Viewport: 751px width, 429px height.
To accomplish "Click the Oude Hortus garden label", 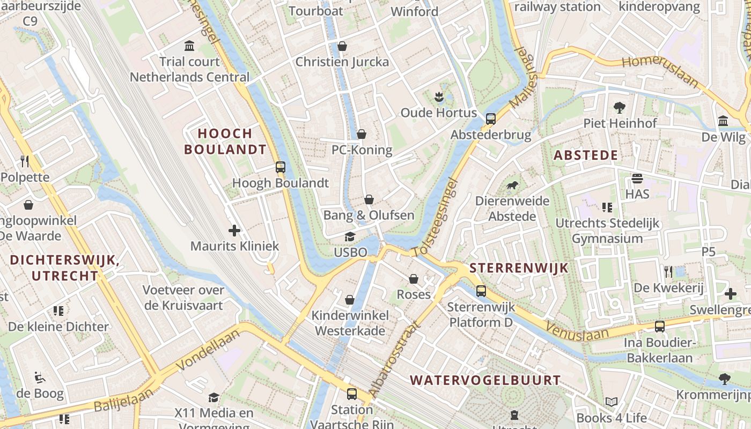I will point(438,113).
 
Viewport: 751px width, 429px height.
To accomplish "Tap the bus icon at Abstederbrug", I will point(490,119).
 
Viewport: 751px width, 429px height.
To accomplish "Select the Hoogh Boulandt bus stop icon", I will point(280,167).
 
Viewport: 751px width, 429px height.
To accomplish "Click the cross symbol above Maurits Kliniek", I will point(234,231).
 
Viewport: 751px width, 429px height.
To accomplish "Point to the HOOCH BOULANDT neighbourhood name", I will point(225,142).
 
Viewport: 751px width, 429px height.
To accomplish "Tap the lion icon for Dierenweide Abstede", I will point(512,186).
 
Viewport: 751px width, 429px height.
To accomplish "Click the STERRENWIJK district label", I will point(518,268).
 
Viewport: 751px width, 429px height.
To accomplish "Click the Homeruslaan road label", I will point(660,71).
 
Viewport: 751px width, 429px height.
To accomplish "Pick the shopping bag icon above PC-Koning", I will point(362,134).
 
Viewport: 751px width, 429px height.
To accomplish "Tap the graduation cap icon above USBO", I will point(350,236).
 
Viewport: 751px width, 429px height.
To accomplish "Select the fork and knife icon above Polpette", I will point(25,161).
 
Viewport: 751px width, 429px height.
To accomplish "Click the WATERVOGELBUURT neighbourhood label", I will point(485,380).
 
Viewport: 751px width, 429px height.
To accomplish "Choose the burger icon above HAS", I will point(637,179).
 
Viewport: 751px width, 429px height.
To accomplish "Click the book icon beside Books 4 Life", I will point(611,402).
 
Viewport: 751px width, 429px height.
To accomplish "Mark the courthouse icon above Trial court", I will point(189,46).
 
